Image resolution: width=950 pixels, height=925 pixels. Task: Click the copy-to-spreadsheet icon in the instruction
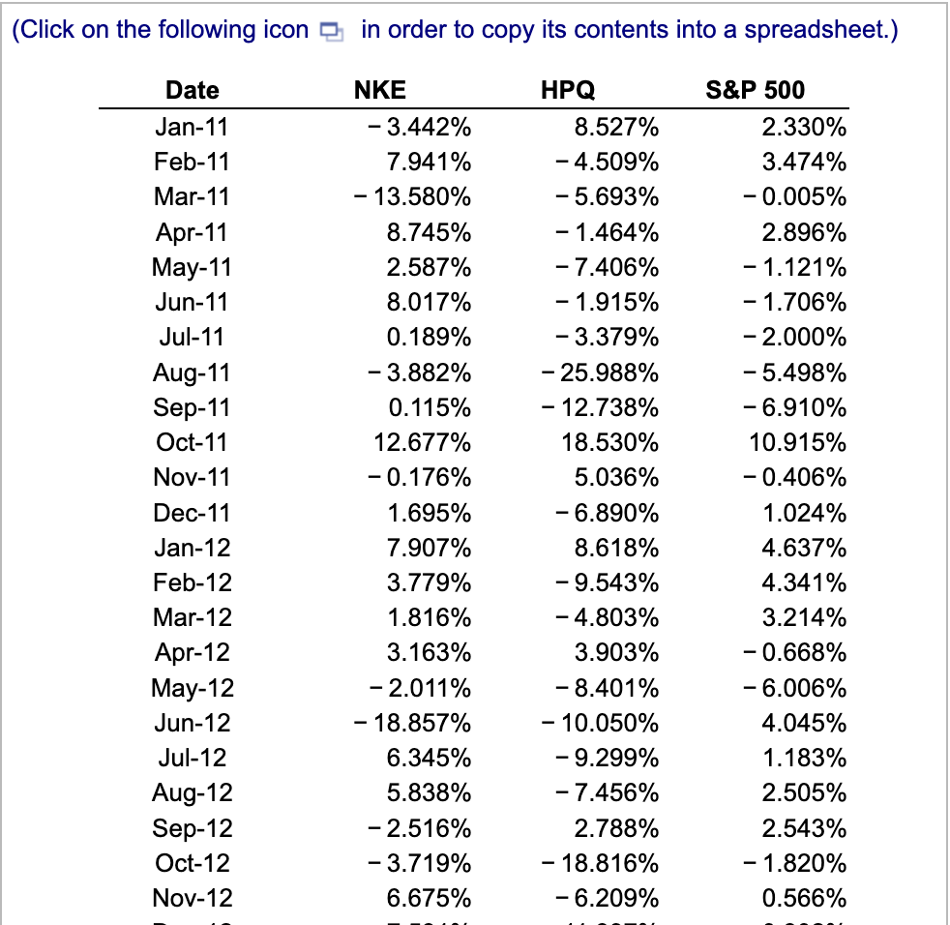point(332,32)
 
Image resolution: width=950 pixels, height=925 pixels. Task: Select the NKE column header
point(379,91)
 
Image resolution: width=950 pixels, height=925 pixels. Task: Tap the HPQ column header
point(567,91)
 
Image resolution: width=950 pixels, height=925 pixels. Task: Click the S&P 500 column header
point(756,91)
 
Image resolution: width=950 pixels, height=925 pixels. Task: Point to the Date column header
point(193,91)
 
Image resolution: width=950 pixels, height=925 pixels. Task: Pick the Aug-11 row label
point(193,373)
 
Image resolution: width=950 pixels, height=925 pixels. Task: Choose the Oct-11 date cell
point(193,442)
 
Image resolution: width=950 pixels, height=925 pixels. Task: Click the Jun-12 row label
point(193,723)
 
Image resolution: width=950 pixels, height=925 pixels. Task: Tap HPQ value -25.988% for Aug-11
point(600,373)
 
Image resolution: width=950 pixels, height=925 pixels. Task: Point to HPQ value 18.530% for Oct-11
point(610,442)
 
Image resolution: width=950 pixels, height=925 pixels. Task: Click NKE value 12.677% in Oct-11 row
point(423,442)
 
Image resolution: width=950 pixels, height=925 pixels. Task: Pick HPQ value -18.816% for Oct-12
point(600,863)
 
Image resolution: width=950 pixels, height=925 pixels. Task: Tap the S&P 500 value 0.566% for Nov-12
point(804,898)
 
